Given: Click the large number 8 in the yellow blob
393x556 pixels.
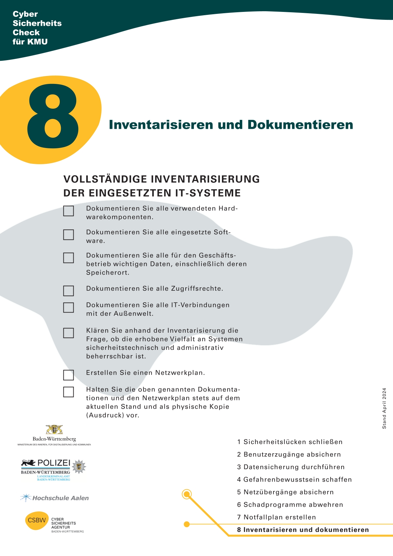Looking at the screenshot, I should [x=53, y=116].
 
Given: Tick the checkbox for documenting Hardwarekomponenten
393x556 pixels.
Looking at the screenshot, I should [x=68, y=211].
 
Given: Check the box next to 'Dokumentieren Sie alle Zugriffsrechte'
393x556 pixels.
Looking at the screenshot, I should [x=68, y=291].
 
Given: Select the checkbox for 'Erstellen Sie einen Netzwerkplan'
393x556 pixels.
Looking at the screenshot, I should [x=68, y=375].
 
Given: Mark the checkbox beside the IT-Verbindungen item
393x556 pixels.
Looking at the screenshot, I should [x=68, y=307].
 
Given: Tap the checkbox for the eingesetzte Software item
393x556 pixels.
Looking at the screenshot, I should [x=68, y=235].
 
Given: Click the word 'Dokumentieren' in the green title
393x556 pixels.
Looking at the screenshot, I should [x=300, y=125].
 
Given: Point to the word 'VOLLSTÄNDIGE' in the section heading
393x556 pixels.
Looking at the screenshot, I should [x=105, y=179].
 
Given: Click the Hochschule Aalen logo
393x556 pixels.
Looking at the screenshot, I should [x=55, y=498].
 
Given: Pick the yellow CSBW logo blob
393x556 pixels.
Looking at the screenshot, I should [x=37, y=520].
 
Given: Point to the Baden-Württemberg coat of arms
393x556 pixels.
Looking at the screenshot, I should [x=54, y=429].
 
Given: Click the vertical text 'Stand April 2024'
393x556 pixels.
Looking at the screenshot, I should [x=384, y=408].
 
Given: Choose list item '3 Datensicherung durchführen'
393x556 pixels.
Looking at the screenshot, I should [x=291, y=467].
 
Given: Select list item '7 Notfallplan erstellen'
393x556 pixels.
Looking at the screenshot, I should [x=276, y=517].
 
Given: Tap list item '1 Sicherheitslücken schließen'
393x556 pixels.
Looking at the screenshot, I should [x=290, y=442].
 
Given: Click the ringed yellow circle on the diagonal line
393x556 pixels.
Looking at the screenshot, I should [x=187, y=494].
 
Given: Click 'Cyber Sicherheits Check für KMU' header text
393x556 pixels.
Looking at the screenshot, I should [x=37, y=28].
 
